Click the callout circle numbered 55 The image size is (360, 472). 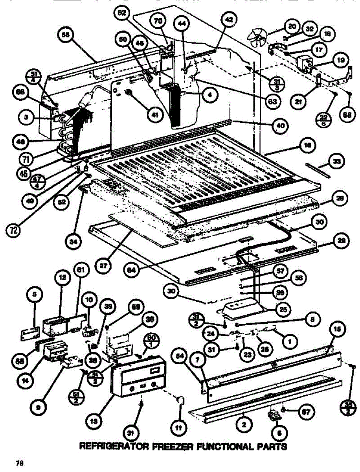65,35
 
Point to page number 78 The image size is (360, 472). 18,463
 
